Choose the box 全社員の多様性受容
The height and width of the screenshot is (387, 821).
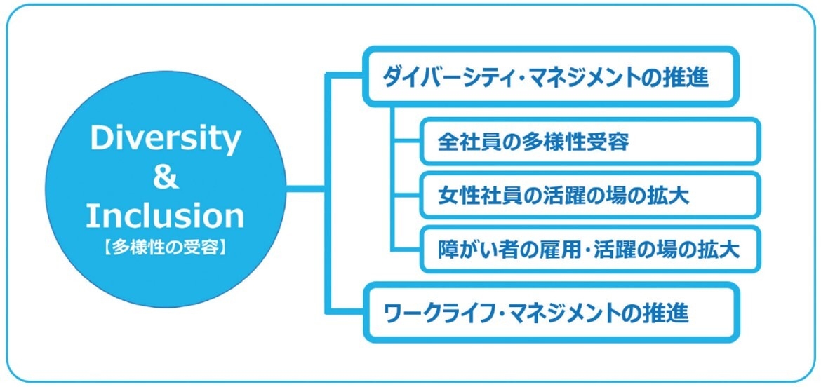point(589,142)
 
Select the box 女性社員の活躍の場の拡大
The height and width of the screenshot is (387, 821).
point(589,196)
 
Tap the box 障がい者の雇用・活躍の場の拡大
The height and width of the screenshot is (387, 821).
point(589,250)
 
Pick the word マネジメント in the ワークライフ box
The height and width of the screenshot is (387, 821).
point(578,314)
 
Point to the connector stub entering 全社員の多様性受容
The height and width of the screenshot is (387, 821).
point(408,142)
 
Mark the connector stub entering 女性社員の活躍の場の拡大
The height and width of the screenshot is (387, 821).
point(408,196)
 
